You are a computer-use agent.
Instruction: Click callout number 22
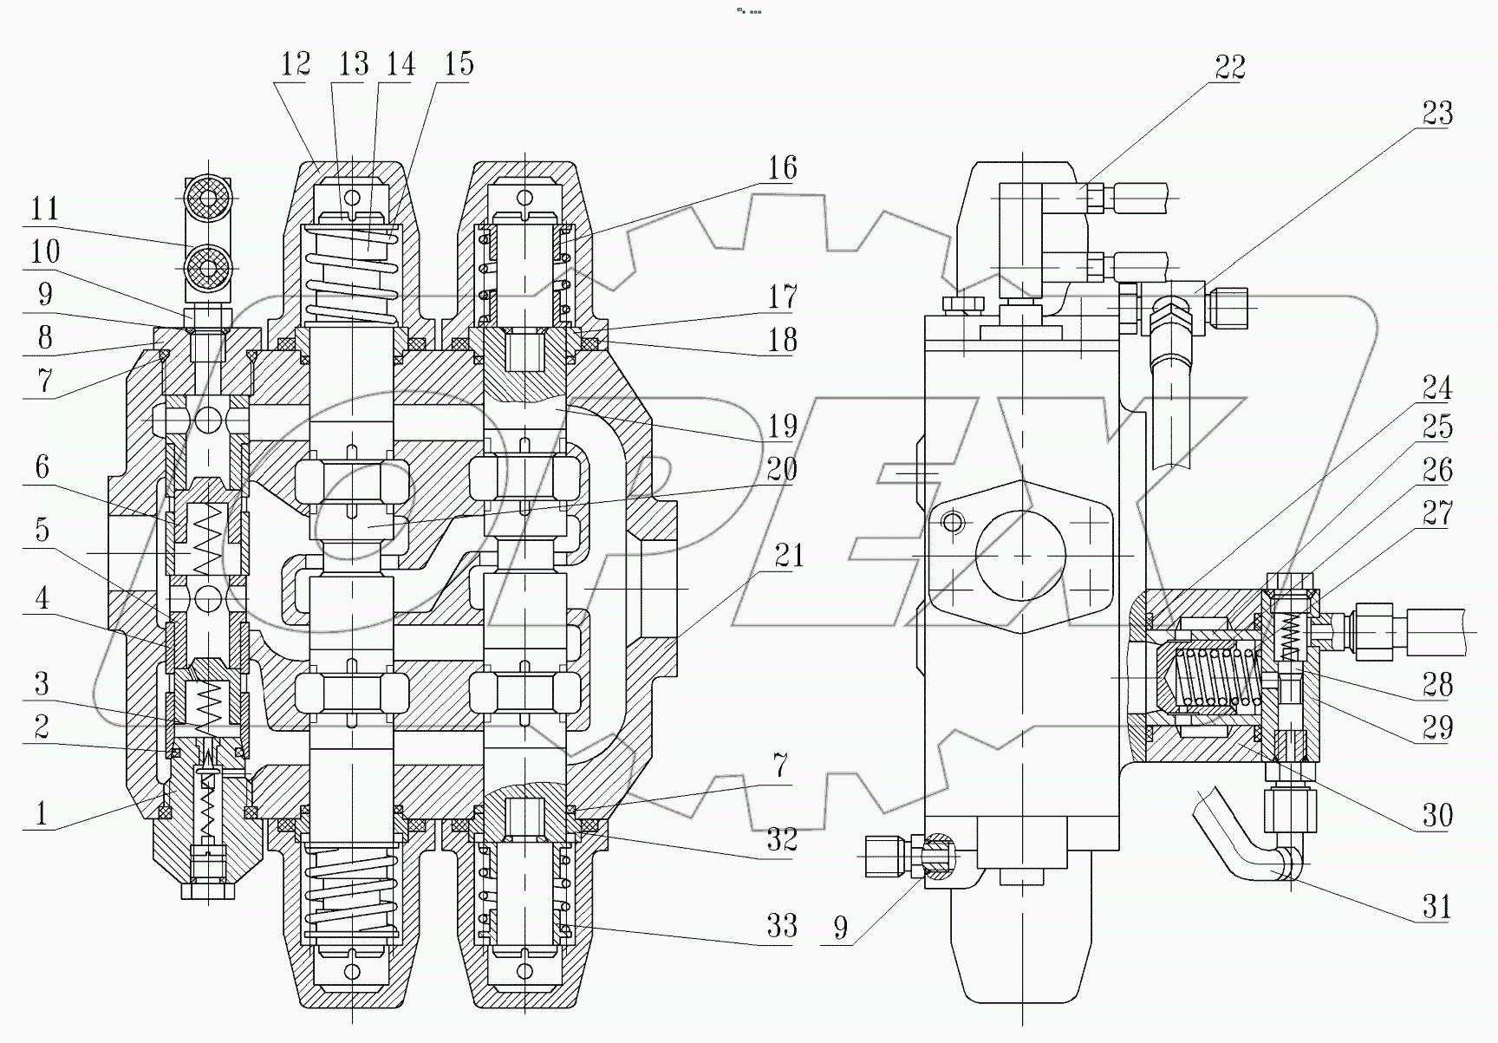pos(1229,68)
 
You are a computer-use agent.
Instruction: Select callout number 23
pos(1436,114)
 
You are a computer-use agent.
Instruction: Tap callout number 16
pos(782,168)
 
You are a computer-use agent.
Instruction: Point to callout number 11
pos(44,209)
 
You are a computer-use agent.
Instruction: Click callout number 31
pos(1436,907)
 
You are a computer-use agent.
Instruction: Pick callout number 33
pos(781,925)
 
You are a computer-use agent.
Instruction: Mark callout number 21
pos(789,556)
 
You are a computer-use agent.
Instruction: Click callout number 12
pos(296,64)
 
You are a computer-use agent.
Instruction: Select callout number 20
pos(781,469)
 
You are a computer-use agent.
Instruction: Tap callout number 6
pos(42,467)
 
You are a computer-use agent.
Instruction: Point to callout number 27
pos(1436,515)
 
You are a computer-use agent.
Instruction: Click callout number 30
pos(1436,814)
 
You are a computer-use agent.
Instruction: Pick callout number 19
pos(782,426)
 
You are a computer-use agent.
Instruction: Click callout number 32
pos(781,838)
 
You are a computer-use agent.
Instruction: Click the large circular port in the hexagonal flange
pos(1019,556)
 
